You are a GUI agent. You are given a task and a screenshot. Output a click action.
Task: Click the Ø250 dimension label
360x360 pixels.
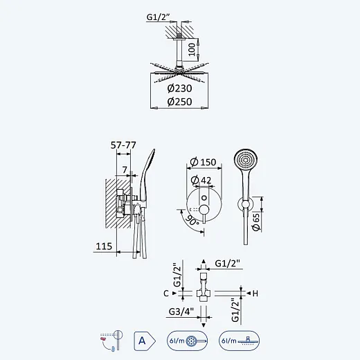[179, 102]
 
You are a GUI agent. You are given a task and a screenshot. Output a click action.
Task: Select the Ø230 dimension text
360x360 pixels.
[179, 89]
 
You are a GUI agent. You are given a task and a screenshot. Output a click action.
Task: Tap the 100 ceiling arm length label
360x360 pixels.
[192, 49]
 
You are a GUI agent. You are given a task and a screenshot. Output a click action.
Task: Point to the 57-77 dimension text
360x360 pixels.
[123, 145]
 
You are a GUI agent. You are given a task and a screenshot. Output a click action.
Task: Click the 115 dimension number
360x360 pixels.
[104, 246]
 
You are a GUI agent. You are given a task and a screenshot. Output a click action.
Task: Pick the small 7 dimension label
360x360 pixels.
[125, 170]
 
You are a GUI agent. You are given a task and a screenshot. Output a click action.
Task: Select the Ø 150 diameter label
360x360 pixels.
[203, 162]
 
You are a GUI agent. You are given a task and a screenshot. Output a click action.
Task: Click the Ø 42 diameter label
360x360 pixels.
[201, 180]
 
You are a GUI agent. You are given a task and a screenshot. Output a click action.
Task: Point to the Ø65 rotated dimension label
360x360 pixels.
[256, 222]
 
